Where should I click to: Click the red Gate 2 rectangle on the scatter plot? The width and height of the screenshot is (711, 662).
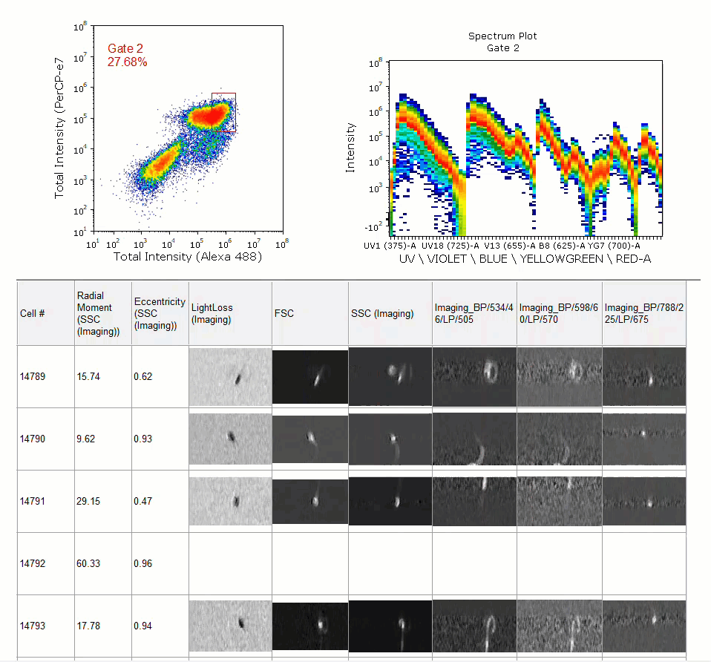point(212,113)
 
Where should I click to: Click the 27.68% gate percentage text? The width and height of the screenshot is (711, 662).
point(128,62)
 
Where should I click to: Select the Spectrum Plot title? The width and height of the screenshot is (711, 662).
point(502,36)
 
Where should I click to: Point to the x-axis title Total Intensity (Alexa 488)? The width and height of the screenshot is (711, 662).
point(188,257)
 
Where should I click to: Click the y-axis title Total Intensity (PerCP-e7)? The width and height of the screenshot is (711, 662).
point(59,128)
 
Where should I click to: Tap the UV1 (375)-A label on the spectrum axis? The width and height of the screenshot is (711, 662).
point(390,246)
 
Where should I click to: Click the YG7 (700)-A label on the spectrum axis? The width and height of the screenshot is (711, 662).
point(614,246)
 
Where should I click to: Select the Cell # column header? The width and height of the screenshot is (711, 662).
point(32,313)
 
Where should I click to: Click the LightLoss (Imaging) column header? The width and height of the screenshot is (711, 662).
point(212,313)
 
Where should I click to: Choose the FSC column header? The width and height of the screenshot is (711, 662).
point(284,313)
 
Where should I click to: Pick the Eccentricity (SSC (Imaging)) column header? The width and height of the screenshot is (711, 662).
point(160,313)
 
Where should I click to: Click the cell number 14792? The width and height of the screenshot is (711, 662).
point(33,563)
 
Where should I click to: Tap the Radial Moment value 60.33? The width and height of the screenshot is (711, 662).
point(88,563)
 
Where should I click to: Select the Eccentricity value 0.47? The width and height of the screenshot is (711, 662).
point(142,501)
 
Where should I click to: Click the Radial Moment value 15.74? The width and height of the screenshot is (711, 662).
point(88,376)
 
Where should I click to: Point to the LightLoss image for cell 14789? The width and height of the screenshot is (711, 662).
point(230,377)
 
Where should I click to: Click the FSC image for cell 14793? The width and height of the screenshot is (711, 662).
point(310,626)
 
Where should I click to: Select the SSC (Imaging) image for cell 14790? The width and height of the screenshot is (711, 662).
point(390,439)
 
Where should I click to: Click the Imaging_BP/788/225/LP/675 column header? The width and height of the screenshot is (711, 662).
point(644,313)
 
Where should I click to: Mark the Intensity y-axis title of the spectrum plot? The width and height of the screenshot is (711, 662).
point(350,148)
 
